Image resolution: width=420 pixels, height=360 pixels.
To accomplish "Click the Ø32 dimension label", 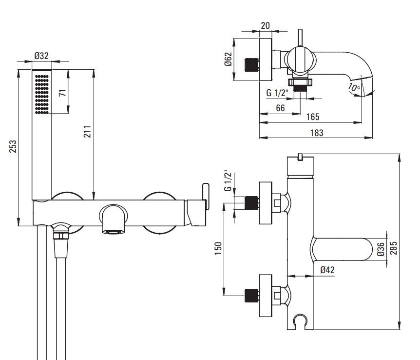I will [x=42, y=56].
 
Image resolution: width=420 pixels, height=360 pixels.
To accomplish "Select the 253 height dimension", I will [x=13, y=146].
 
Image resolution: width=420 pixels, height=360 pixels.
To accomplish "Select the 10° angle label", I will [x=354, y=88].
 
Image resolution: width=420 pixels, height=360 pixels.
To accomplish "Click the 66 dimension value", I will [x=280, y=108].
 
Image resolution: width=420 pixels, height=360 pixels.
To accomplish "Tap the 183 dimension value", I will [x=316, y=132].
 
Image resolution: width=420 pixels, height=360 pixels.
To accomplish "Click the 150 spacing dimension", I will [x=219, y=248].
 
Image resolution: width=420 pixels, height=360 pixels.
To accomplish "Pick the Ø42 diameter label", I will [x=327, y=270].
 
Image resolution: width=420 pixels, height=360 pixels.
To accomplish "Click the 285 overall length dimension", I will [x=394, y=243].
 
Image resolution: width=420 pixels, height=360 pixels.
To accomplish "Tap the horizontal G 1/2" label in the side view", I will [x=277, y=93].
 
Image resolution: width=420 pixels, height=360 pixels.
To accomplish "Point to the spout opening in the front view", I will [x=113, y=230].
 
